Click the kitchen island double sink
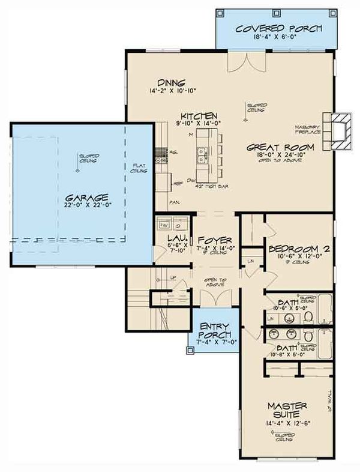click(x=200, y=155)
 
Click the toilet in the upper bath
click(x=307, y=316)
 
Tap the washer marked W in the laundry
click(x=163, y=226)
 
